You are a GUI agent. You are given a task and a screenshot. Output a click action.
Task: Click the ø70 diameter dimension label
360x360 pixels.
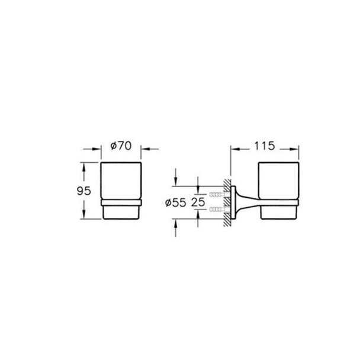[x=121, y=146]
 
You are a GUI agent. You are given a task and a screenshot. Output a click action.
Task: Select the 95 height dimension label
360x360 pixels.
[x=84, y=191]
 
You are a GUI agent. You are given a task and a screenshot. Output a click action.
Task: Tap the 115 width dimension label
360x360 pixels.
[x=265, y=146]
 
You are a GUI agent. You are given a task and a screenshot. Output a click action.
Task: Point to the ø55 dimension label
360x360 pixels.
[x=176, y=202]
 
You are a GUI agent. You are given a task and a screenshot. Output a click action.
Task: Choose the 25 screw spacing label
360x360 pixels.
[x=198, y=202]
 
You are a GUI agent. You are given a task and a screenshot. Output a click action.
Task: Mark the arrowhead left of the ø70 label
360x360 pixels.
[x=97, y=149]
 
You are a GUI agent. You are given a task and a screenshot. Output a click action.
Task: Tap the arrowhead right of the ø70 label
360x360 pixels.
[x=145, y=149]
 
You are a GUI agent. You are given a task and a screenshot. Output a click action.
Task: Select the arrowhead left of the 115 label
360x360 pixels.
[x=235, y=149]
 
